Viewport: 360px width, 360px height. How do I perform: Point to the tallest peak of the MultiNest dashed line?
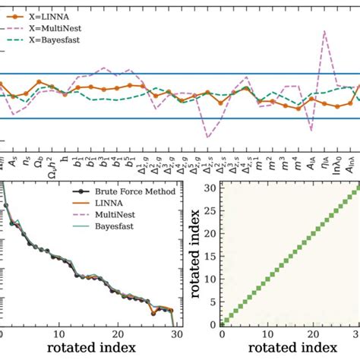[x=325, y=31]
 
